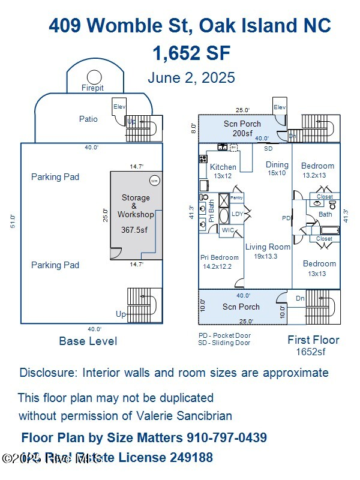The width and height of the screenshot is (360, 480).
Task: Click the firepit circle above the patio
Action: (x=94, y=77)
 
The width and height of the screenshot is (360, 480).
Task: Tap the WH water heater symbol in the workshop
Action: (x=154, y=181)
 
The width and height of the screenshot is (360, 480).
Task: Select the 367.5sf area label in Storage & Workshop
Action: (x=136, y=230)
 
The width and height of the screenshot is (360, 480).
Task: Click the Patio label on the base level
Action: (x=88, y=119)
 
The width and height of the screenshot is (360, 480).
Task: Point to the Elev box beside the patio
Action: (x=119, y=107)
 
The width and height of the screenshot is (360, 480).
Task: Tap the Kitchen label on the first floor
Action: (x=223, y=167)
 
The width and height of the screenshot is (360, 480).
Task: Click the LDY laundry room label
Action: (x=238, y=214)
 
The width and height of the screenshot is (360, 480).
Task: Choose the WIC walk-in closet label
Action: (x=228, y=230)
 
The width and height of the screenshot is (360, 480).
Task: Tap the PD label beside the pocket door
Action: (x=286, y=218)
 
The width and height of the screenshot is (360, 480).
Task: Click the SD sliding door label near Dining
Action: (x=268, y=148)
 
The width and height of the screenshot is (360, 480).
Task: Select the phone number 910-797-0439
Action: (x=227, y=437)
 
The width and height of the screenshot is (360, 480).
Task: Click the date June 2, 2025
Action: (x=191, y=78)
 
